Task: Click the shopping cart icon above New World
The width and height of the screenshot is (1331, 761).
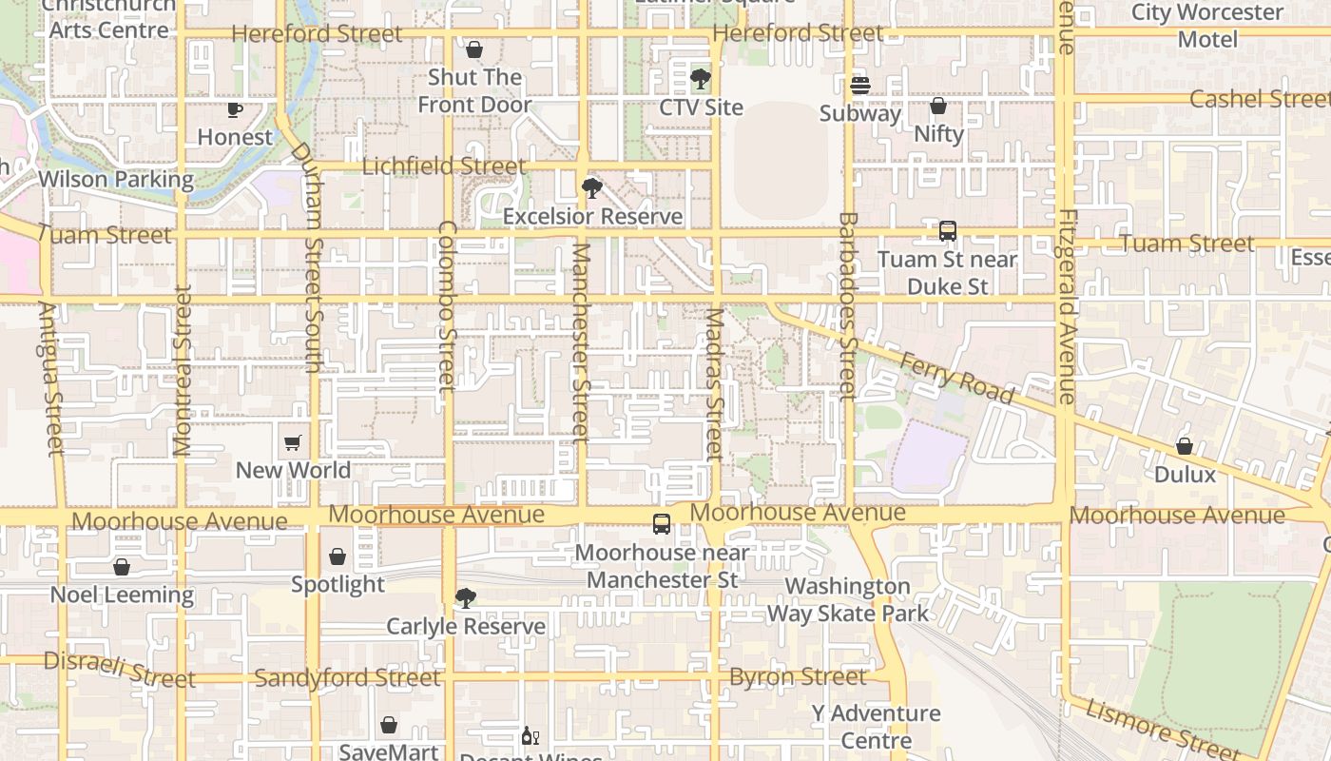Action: click(293, 442)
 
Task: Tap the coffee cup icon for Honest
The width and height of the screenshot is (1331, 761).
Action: click(235, 109)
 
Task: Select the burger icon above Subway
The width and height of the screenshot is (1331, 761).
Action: click(860, 86)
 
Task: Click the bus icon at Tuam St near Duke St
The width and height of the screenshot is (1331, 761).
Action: click(947, 231)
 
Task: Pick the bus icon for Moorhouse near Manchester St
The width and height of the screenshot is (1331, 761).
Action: click(662, 524)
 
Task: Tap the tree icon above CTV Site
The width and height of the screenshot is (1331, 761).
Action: click(701, 79)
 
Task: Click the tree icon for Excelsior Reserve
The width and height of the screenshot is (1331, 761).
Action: click(592, 188)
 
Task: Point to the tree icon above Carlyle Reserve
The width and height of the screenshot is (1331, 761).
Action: click(465, 598)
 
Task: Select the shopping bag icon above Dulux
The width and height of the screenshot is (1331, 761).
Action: click(1185, 446)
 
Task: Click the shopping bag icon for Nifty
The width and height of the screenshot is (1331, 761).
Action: click(938, 106)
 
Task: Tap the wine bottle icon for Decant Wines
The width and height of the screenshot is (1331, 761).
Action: click(530, 736)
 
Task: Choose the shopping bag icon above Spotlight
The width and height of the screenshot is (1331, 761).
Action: click(338, 556)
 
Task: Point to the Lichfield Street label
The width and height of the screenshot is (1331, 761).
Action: click(444, 166)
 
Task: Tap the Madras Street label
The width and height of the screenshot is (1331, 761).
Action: click(715, 384)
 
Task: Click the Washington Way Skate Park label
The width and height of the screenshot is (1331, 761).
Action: click(848, 599)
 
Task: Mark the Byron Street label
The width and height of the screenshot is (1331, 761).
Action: click(798, 676)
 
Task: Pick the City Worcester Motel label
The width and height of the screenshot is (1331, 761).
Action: click(1207, 26)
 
